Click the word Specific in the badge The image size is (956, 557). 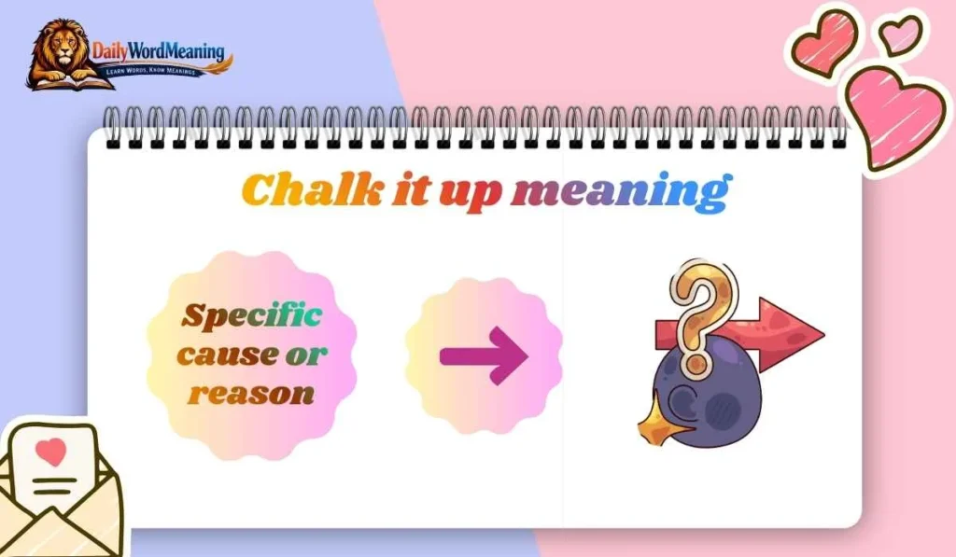click(x=251, y=315)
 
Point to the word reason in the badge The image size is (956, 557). click(x=251, y=393)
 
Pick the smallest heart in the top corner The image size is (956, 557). click(x=900, y=35)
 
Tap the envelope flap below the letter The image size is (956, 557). click(x=56, y=522)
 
